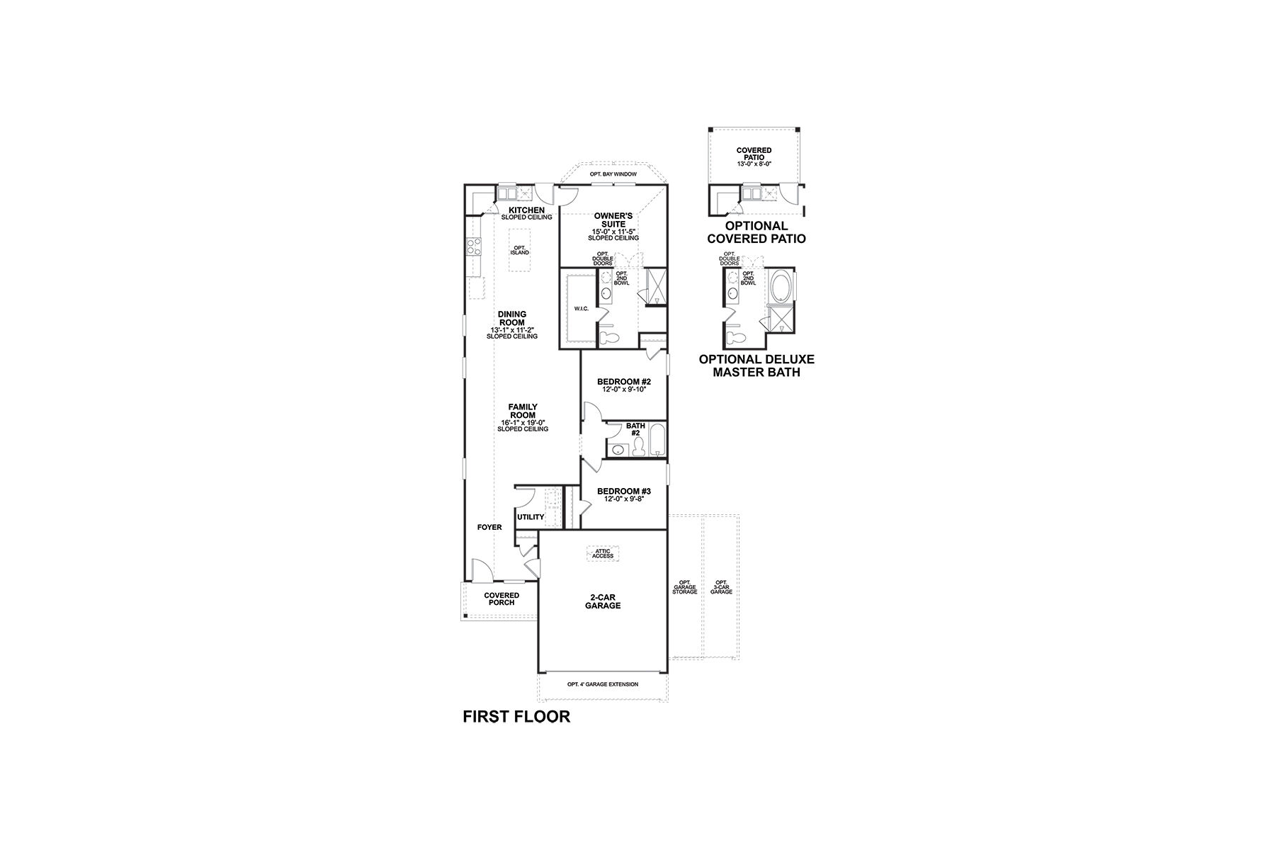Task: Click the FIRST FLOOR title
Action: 516,717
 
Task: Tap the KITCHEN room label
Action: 526,210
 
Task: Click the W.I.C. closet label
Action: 581,309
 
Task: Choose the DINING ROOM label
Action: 511,319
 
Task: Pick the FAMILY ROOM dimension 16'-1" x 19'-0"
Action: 522,422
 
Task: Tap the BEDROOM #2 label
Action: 623,382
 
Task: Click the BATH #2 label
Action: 635,430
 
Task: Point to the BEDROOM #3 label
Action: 623,491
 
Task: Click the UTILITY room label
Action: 531,517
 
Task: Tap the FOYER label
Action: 489,527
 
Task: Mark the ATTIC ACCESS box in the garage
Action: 603,553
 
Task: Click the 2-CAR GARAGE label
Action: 603,601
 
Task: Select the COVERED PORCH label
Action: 501,599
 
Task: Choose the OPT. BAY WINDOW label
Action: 613,174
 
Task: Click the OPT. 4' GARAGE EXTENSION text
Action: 603,684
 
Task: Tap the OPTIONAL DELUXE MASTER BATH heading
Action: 756,365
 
